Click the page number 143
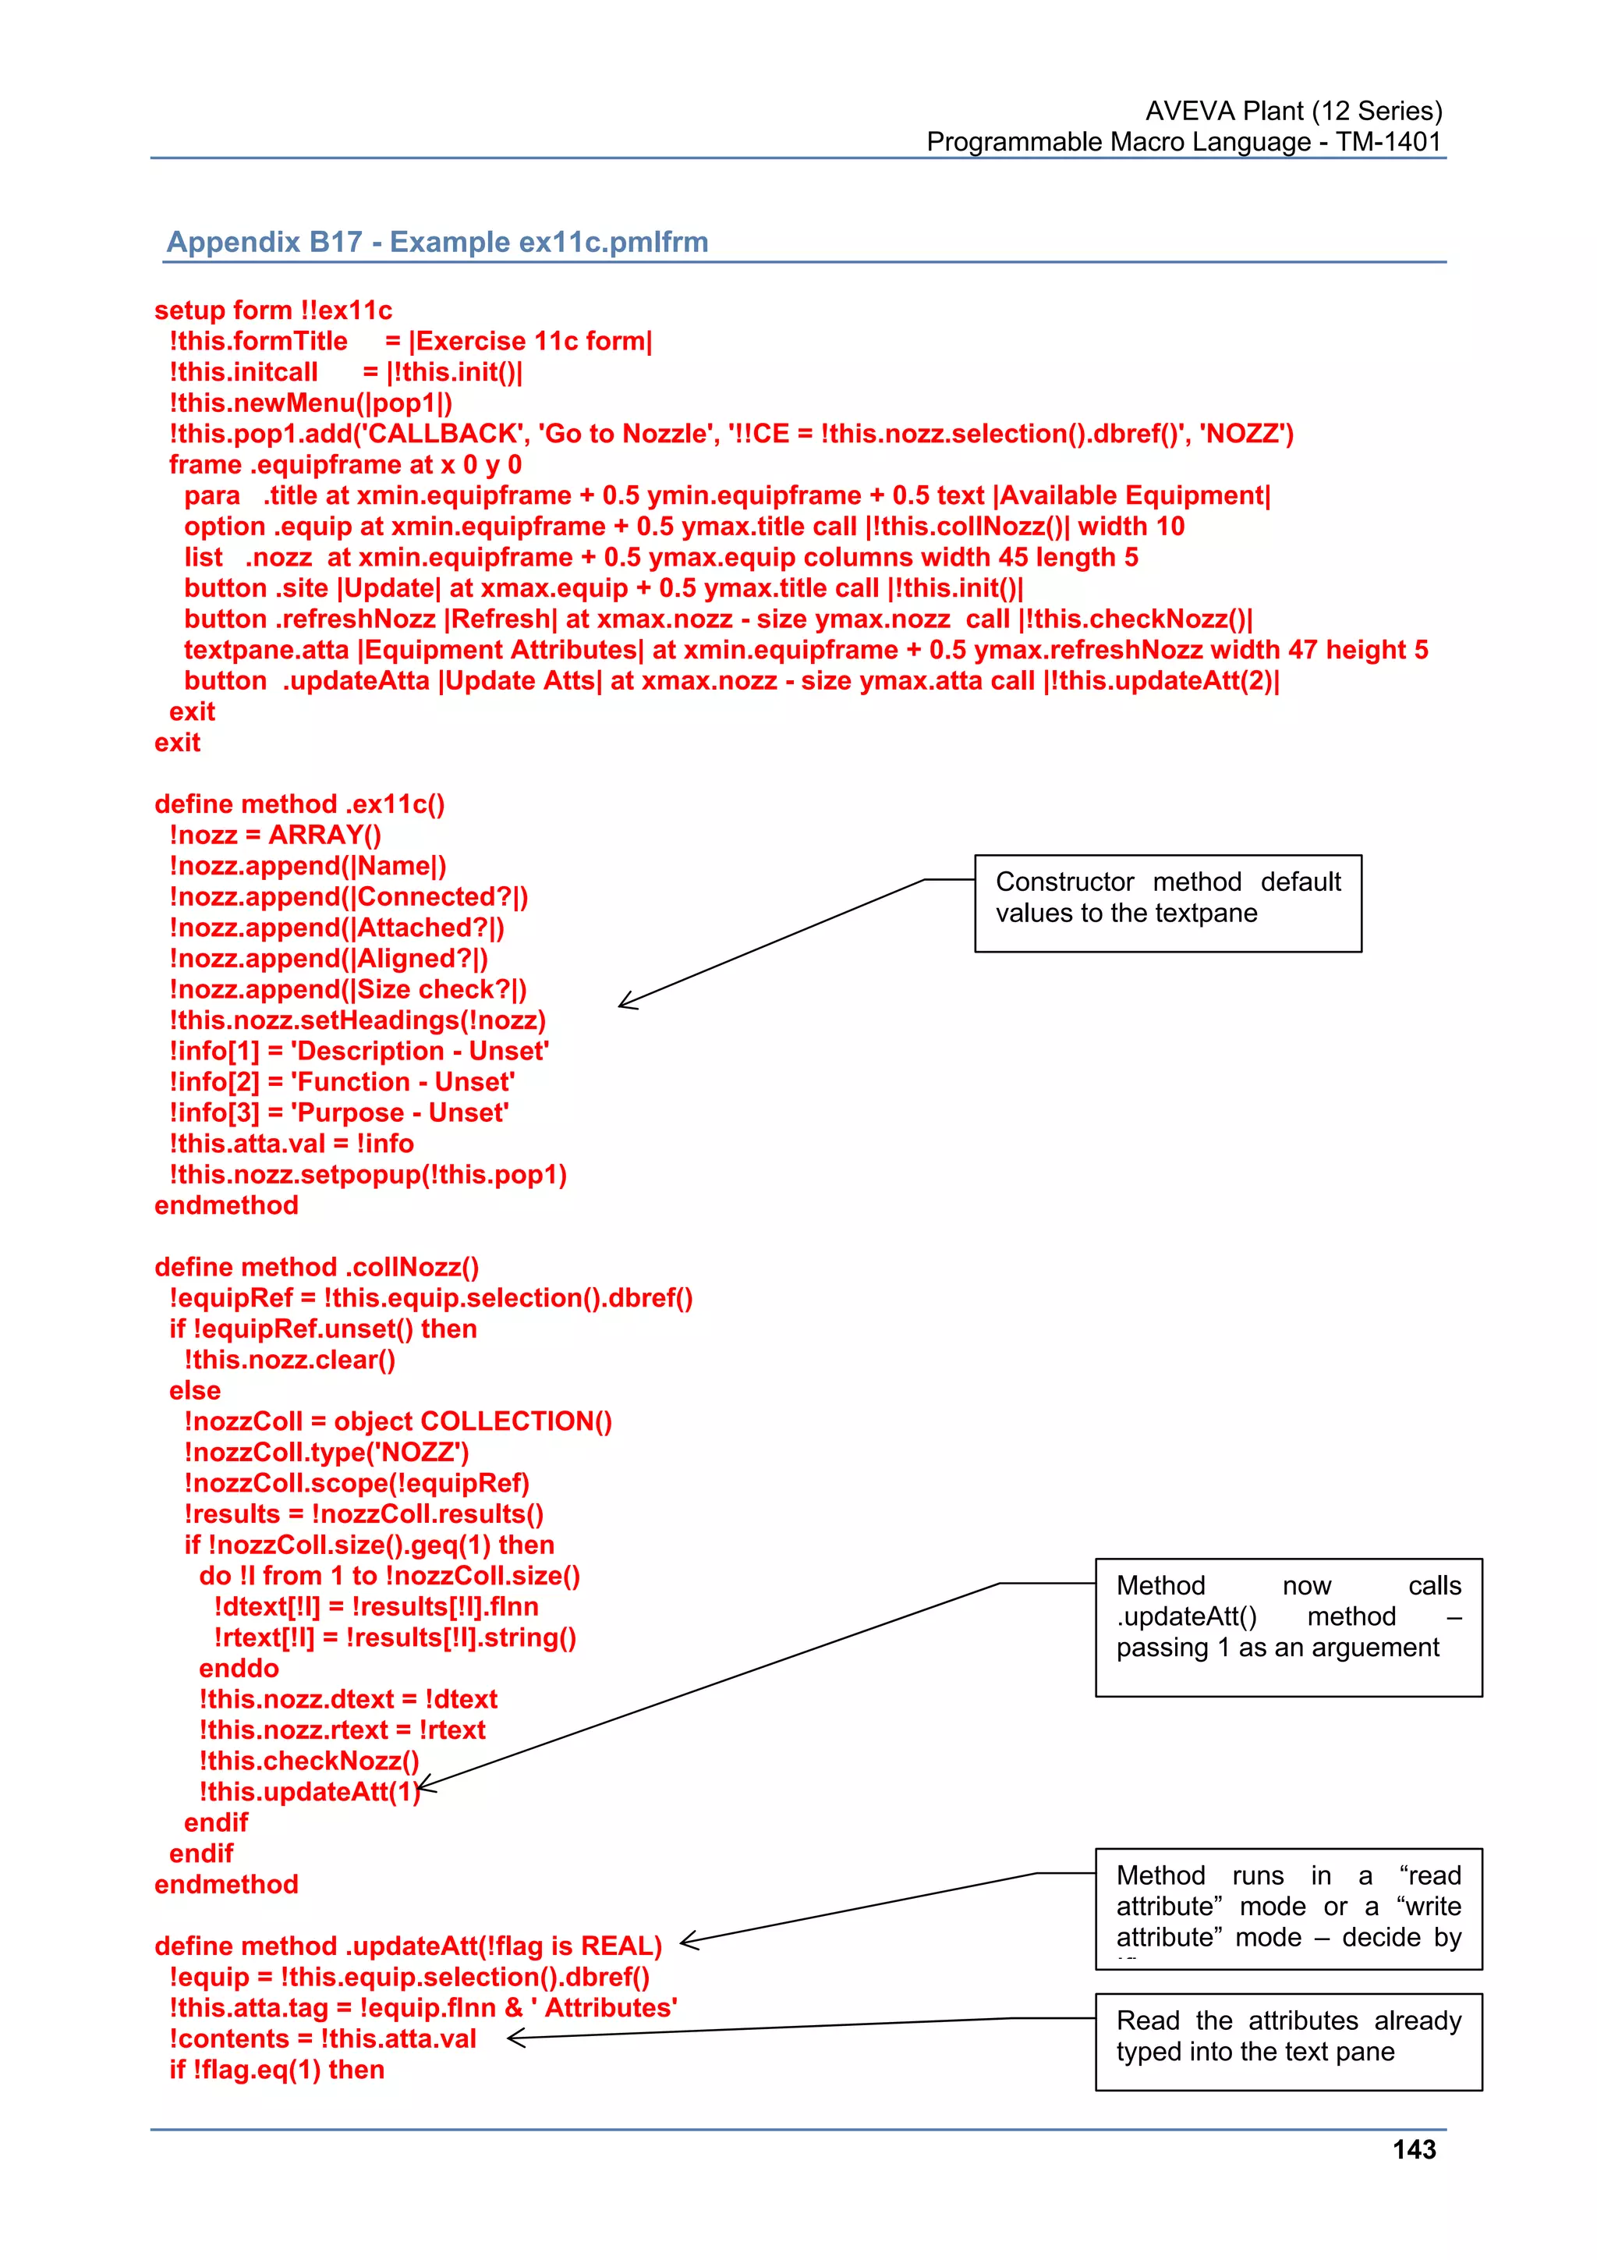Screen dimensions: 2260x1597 tap(1413, 2150)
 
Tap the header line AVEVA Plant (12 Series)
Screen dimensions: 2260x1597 tap(1293, 110)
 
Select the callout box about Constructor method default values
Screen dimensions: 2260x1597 tap(1167, 903)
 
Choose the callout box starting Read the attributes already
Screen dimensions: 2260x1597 tap(1287, 2042)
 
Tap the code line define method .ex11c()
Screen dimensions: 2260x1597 tap(299, 804)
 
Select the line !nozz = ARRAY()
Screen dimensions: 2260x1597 tap(275, 835)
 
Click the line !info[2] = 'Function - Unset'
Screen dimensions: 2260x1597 tap(342, 1082)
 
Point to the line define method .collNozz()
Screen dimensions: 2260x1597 tap(316, 1267)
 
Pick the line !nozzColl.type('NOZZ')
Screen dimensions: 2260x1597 tap(327, 1452)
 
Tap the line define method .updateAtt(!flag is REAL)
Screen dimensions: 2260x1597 tap(407, 1946)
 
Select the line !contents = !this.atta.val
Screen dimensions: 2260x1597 tap(323, 2038)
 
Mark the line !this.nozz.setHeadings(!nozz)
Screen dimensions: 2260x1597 tap(357, 1020)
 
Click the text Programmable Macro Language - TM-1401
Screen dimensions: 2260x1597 tap(1183, 142)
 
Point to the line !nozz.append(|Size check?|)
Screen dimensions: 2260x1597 tap(347, 989)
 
